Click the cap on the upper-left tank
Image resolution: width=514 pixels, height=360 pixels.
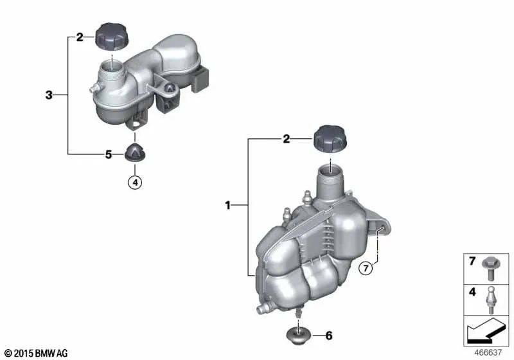click(x=111, y=37)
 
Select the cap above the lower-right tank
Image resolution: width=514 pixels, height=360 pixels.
click(x=330, y=139)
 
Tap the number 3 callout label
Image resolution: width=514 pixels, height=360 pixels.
click(x=49, y=95)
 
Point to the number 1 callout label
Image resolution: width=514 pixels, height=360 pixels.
click(x=228, y=206)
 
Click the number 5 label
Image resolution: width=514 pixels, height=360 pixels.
click(x=109, y=154)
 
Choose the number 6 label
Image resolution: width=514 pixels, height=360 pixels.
click(x=329, y=336)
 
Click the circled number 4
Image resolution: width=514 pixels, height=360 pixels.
click(x=135, y=182)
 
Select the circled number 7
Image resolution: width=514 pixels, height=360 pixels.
click(x=366, y=269)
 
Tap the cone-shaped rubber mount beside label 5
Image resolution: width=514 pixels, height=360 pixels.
click(x=135, y=152)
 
